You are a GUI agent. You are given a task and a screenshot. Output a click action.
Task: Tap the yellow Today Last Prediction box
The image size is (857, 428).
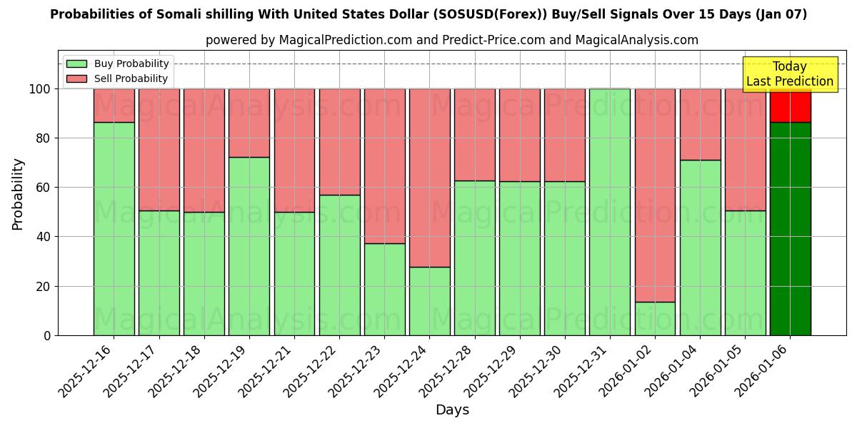[x=789, y=74]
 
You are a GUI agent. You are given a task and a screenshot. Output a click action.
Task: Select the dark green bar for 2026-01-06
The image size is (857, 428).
[x=790, y=228]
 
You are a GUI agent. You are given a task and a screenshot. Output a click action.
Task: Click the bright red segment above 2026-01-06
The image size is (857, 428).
[x=790, y=105]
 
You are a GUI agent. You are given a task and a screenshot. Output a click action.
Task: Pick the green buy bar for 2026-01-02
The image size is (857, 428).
[x=655, y=318]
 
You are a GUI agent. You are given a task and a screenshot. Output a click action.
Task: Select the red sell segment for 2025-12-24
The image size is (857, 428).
[x=429, y=178]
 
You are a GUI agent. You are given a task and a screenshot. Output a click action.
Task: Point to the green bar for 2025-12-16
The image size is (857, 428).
[x=114, y=228]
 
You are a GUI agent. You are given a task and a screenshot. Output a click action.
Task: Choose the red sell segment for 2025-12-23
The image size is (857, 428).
[x=384, y=166]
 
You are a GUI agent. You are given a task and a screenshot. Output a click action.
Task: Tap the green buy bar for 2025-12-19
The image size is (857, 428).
[x=249, y=246]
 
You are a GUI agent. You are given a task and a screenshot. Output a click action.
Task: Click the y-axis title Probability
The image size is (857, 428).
[x=18, y=194]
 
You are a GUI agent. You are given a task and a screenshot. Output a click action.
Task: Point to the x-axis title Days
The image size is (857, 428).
[x=452, y=410]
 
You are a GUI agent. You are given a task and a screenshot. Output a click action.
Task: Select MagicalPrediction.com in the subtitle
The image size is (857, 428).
[x=344, y=40]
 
